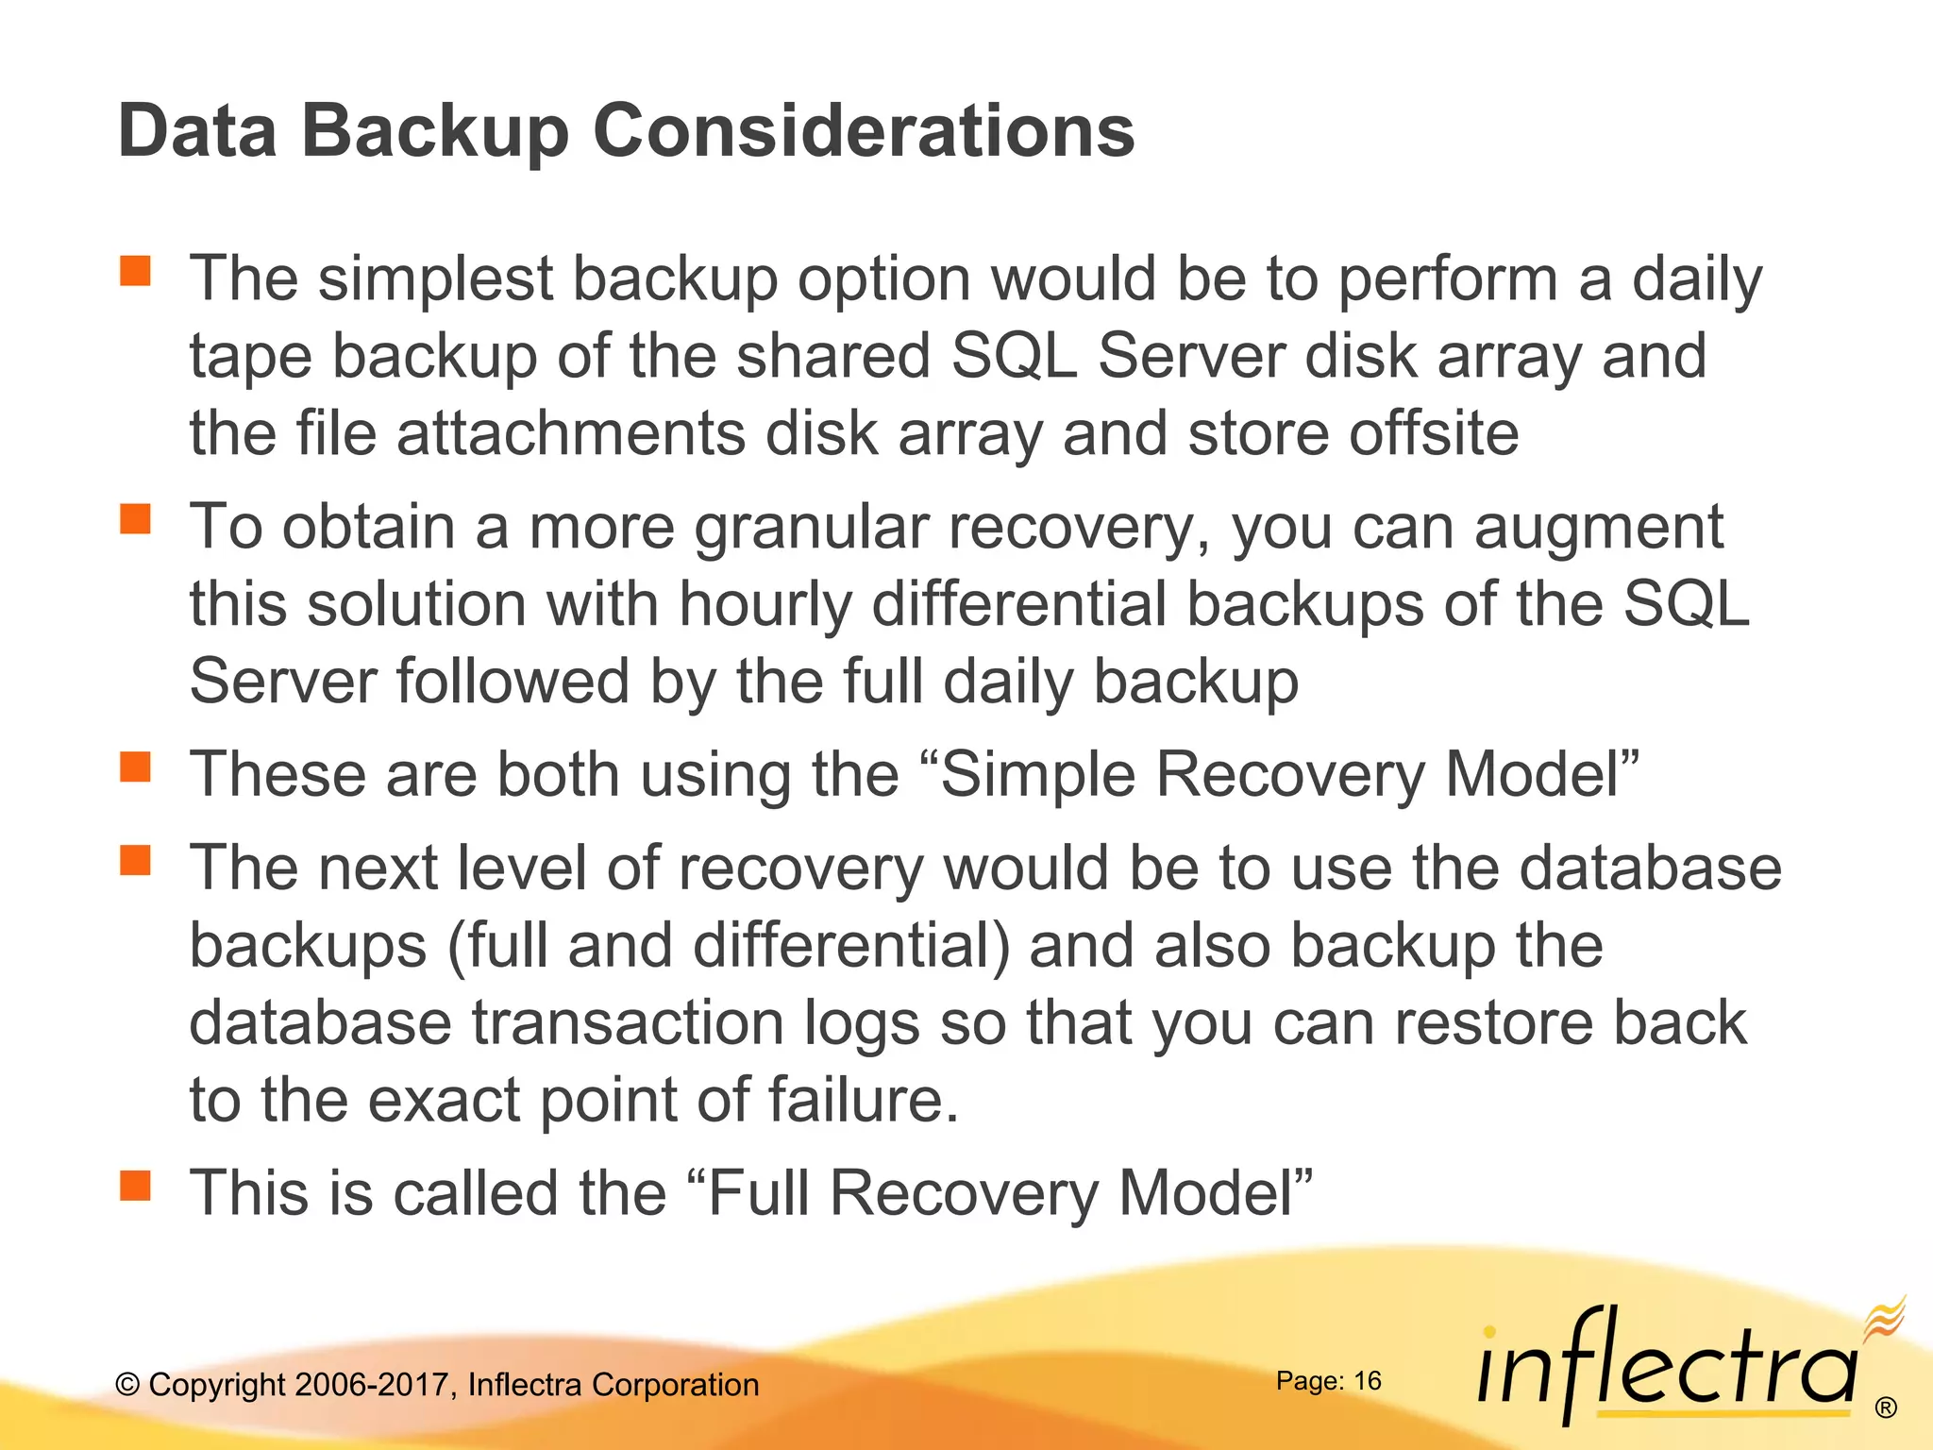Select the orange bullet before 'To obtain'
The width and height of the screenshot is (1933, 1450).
click(136, 518)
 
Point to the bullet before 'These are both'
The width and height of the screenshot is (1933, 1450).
click(136, 767)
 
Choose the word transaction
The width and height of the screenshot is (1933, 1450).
click(628, 1022)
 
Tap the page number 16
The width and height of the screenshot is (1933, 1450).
click(1367, 1381)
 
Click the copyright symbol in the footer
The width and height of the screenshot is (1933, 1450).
click(127, 1385)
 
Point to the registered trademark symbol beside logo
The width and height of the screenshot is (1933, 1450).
click(1885, 1408)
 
